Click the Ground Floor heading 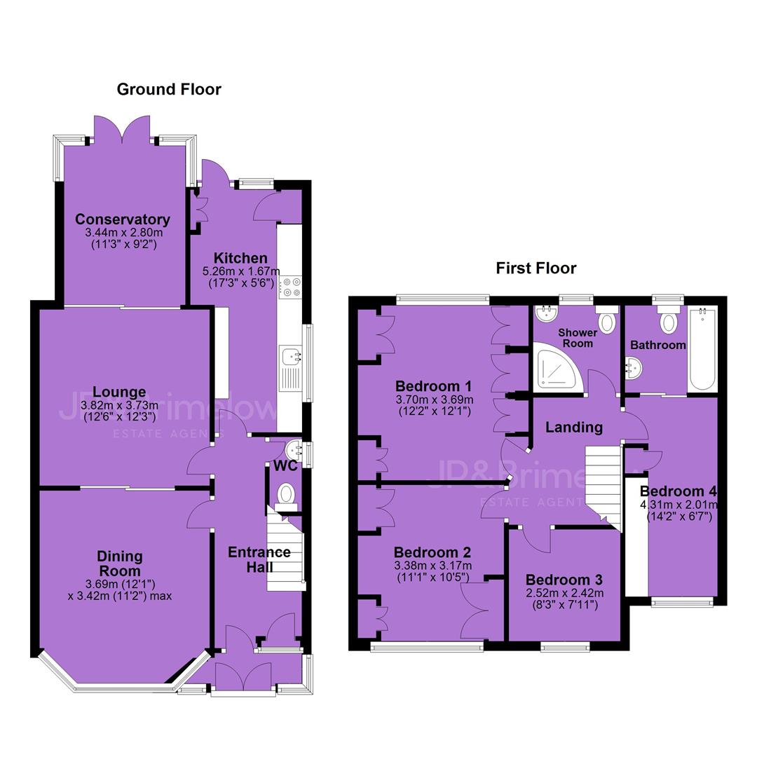pos(169,89)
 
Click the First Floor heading pos(536,268)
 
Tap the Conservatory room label pos(123,219)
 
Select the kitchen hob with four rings pos(289,287)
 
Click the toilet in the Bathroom pos(668,318)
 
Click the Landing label pos(574,428)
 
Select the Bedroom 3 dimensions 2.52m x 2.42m pos(564,593)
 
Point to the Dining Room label pos(120,564)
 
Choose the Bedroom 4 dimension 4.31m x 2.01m pos(679,505)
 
